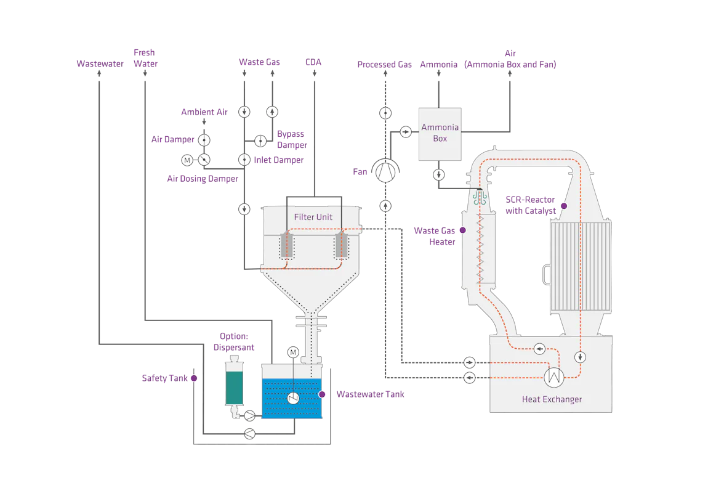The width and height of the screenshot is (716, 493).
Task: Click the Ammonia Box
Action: click(x=440, y=133)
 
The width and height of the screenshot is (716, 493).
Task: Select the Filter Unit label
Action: click(x=313, y=217)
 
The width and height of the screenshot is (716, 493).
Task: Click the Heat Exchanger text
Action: click(x=552, y=399)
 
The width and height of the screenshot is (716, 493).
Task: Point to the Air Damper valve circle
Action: click(x=205, y=140)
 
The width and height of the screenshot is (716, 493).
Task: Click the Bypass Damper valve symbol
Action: click(x=260, y=140)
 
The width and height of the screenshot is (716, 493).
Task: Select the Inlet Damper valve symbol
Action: click(x=244, y=160)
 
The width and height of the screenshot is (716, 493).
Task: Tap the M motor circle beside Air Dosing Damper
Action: click(x=187, y=160)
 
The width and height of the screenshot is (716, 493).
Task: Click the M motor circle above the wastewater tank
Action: click(x=293, y=352)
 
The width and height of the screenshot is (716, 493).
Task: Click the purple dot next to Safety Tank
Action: click(x=193, y=378)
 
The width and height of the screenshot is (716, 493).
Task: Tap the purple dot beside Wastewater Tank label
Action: click(x=321, y=394)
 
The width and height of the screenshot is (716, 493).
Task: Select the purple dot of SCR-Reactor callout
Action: click(x=563, y=205)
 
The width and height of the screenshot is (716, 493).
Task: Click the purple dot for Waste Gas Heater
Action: click(x=462, y=230)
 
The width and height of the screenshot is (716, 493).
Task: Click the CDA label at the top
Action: click(x=314, y=63)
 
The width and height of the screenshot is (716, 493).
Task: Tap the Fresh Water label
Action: click(x=145, y=58)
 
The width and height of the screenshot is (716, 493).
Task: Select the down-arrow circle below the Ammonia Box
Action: click(x=438, y=175)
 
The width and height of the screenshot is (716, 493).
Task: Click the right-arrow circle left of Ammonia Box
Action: click(x=406, y=132)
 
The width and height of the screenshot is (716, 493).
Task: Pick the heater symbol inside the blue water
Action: click(x=294, y=398)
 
